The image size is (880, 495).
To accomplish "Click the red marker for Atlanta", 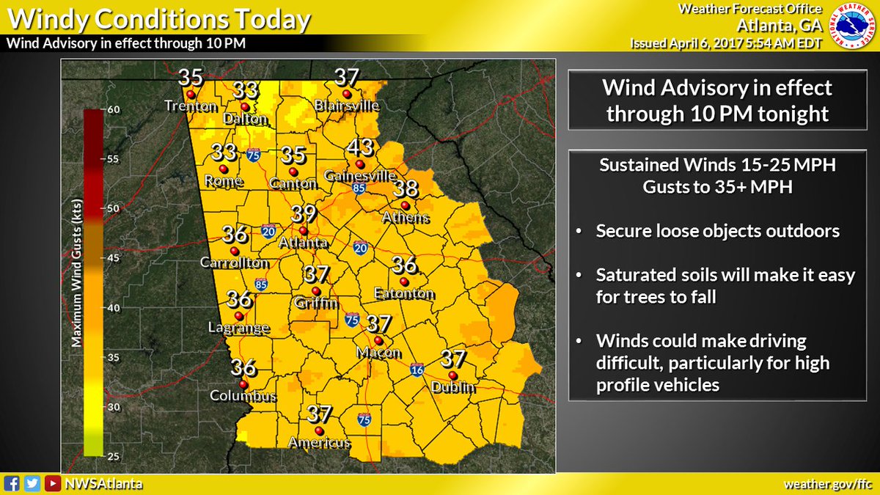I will click(x=304, y=230).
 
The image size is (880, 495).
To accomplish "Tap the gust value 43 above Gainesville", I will click(x=360, y=147).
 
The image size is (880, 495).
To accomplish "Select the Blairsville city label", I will click(x=347, y=106).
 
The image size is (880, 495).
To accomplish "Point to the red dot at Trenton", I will click(x=190, y=95).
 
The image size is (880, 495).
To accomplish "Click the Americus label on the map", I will click(x=319, y=444).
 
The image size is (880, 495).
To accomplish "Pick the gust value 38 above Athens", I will click(x=406, y=188).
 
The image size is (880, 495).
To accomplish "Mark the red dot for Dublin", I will click(x=452, y=375).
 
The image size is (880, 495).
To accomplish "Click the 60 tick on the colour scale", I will click(x=114, y=109).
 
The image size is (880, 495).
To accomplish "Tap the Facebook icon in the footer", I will click(x=11, y=484).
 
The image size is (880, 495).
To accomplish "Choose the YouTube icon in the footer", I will click(x=52, y=484).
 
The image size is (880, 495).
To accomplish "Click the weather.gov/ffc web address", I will click(x=829, y=484).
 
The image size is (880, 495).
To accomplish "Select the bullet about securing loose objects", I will click(x=717, y=231).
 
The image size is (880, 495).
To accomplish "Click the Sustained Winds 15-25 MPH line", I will click(x=717, y=166).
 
